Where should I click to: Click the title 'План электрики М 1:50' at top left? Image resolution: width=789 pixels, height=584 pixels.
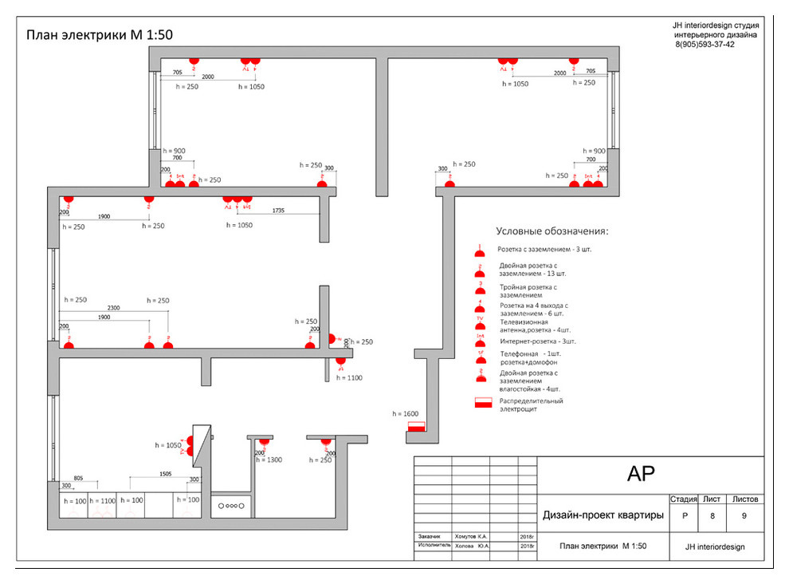100,35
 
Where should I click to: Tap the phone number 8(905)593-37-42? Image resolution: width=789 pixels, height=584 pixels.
705,45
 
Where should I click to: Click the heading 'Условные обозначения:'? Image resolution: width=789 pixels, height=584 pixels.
552,231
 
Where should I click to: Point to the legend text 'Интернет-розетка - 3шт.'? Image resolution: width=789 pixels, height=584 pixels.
537,341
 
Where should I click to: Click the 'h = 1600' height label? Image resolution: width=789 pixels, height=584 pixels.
406,414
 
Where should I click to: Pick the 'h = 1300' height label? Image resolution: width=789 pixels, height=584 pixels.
269,460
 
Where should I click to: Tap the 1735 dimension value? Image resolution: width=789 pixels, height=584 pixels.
278,211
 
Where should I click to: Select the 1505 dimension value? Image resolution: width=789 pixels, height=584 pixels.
165,473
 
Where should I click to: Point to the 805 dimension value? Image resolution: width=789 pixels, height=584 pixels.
79,478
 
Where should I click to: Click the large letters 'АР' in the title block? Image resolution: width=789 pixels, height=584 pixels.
641,474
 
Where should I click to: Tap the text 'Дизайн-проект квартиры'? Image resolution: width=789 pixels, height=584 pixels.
603,515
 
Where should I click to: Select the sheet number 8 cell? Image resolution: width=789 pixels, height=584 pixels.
712,515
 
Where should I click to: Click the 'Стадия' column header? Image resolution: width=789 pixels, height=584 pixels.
684,499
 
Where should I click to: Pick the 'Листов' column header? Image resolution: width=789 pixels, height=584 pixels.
744,499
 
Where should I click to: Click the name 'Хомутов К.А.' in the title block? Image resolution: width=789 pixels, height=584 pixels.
470,537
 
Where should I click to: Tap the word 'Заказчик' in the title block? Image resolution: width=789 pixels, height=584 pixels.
430,537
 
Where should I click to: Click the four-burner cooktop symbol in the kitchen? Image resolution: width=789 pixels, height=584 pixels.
232,505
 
